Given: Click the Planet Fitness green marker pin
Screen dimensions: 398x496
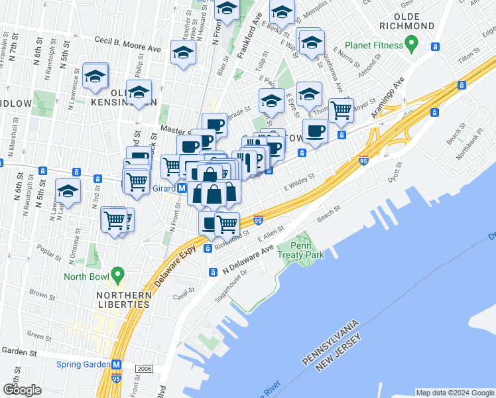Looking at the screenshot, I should (411, 45).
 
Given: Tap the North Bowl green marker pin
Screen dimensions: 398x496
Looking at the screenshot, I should (118, 273).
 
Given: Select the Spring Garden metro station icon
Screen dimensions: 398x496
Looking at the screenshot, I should (117, 365).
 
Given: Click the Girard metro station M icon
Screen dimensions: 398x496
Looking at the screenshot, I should (182, 188).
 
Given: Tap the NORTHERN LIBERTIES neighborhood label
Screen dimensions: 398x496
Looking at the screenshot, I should (123, 300).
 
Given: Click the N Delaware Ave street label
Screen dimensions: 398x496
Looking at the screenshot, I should (247, 261).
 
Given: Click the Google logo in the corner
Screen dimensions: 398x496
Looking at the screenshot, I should (22, 390).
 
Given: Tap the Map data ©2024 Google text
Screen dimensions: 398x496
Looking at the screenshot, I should (454, 393).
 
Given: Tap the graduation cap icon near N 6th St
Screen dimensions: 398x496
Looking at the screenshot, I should (68, 192).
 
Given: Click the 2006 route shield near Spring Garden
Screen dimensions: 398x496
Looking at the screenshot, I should (143, 368).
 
